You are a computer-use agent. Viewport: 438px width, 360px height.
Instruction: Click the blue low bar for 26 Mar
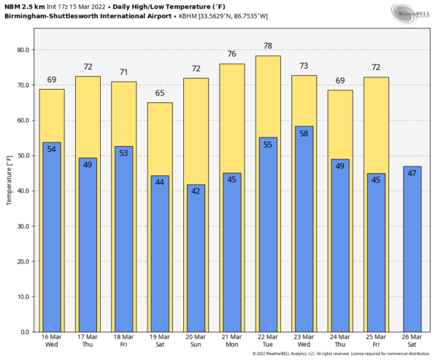coord(412,248)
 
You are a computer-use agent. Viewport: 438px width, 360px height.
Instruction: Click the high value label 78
coord(268,46)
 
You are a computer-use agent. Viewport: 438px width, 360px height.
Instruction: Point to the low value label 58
coord(304,134)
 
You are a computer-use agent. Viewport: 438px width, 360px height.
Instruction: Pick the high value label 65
coord(160,93)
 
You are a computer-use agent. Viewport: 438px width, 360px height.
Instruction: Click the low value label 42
coord(196,192)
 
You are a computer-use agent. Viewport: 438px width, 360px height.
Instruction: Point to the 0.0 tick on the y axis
coord(23,332)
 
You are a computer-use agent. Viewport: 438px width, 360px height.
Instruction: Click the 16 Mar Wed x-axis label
coord(51,341)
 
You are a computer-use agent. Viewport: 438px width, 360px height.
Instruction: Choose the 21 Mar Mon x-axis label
coord(232,341)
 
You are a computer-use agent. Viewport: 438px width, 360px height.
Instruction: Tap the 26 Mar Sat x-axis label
coord(412,341)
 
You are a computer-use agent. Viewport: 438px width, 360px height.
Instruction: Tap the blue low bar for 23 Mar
coord(304,234)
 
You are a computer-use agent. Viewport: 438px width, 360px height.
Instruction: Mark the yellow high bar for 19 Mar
coord(160,139)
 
